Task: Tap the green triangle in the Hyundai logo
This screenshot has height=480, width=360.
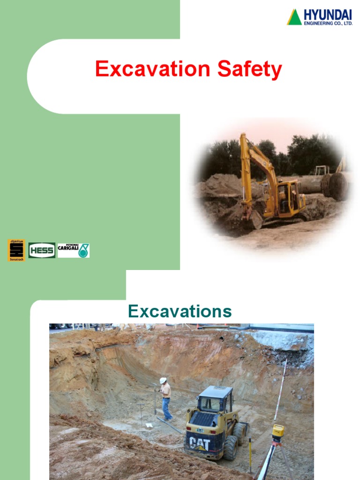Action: [x=294, y=17]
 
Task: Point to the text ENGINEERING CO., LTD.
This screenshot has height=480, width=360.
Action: [x=328, y=23]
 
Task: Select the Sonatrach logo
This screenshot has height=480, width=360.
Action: [x=16, y=250]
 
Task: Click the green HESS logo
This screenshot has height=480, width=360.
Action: [x=42, y=250]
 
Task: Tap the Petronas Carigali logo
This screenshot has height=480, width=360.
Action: [x=73, y=250]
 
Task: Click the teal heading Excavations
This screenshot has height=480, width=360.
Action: [x=180, y=311]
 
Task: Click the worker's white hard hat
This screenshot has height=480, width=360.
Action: [x=163, y=380]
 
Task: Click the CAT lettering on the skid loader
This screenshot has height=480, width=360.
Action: [x=200, y=443]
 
